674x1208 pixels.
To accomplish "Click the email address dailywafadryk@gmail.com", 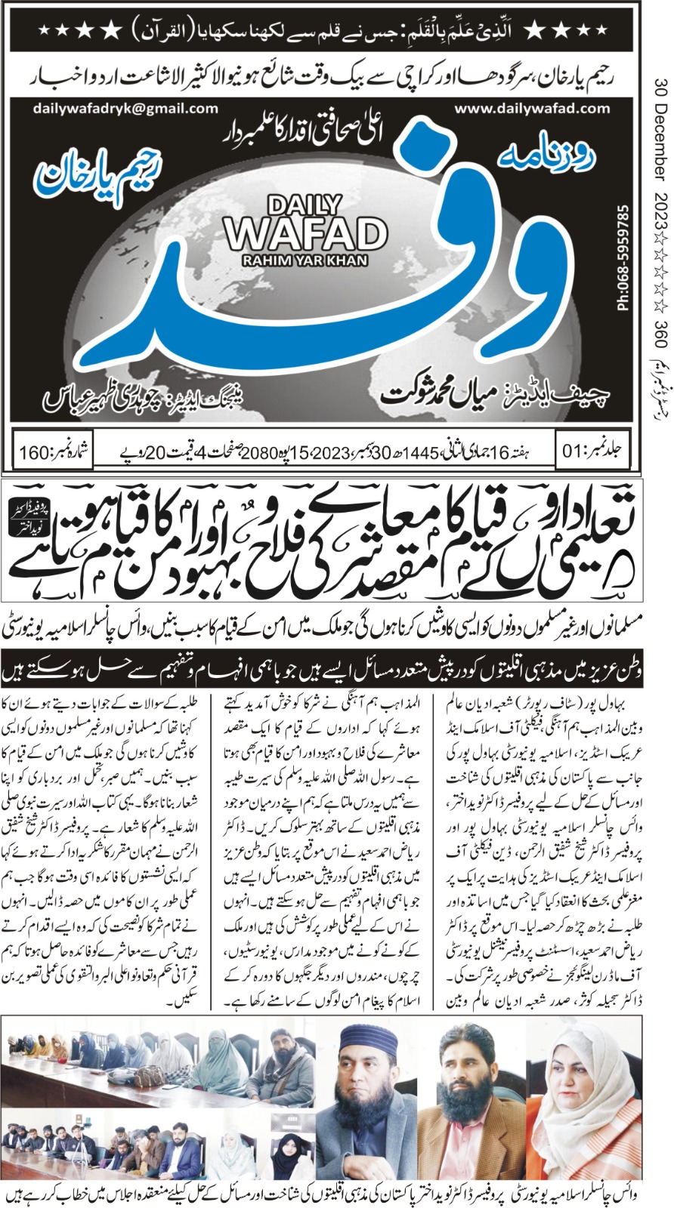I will pos(125,108).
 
